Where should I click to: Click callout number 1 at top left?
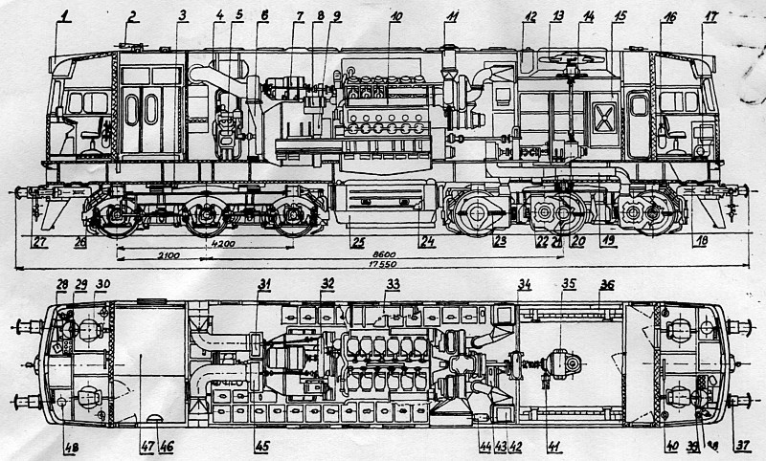(x=64, y=13)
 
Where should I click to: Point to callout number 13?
(x=557, y=15)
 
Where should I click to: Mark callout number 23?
(x=499, y=241)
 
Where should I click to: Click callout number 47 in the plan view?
(x=146, y=446)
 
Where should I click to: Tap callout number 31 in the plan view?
(x=265, y=283)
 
